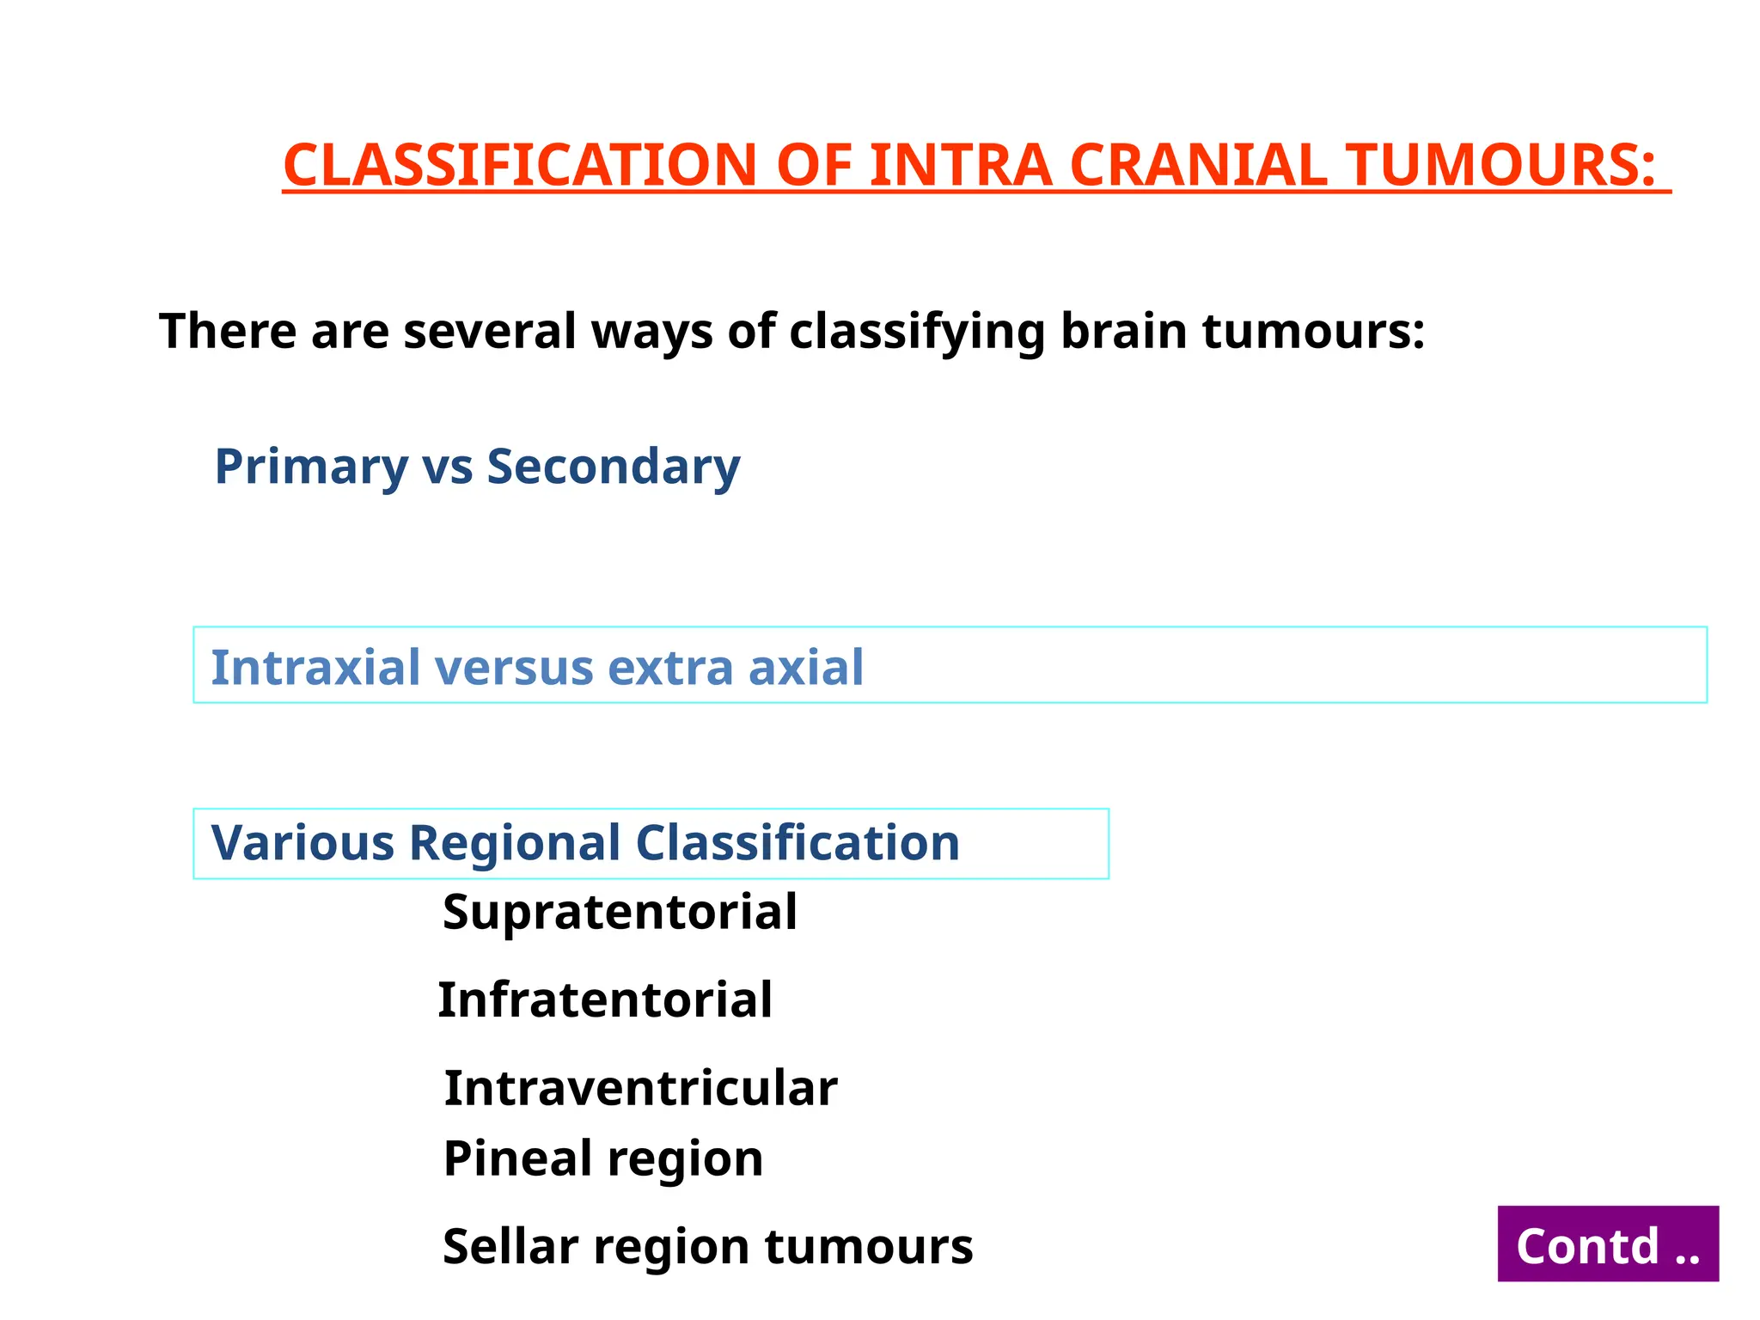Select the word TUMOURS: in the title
coord(1500,165)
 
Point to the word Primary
coord(311,467)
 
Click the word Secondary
coord(613,467)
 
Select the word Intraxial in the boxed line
coord(315,667)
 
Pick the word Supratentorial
coord(619,912)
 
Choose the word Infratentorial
coord(605,1000)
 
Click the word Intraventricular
coord(640,1088)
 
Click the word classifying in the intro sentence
coord(917,332)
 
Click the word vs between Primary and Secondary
coord(447,467)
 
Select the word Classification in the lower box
coord(797,842)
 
